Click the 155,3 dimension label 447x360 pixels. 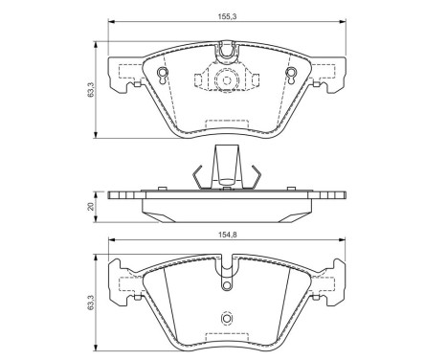click(227, 17)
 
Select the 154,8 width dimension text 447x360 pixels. click(227, 235)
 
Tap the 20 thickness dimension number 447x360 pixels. click(91, 206)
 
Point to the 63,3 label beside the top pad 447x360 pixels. click(91, 90)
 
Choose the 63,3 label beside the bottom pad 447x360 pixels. click(91, 303)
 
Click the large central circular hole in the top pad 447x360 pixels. click(227, 79)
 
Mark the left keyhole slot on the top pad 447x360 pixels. click(162, 76)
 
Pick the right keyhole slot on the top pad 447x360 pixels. click(291, 76)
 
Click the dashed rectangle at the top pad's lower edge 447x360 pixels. click(227, 124)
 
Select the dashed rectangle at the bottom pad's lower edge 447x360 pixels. click(227, 337)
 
